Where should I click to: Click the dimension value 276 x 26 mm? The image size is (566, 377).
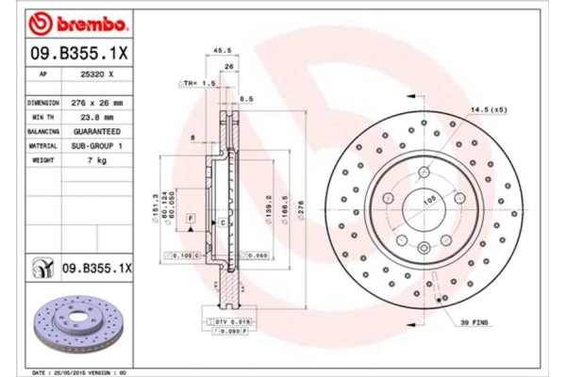98,101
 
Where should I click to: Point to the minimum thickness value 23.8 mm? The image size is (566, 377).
98,117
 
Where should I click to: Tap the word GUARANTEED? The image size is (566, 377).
98,132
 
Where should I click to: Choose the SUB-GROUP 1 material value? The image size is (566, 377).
98,147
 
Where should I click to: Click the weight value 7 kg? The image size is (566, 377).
98,162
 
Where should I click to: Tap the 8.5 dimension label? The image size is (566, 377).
247,99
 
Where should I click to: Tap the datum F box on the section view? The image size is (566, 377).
191,219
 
